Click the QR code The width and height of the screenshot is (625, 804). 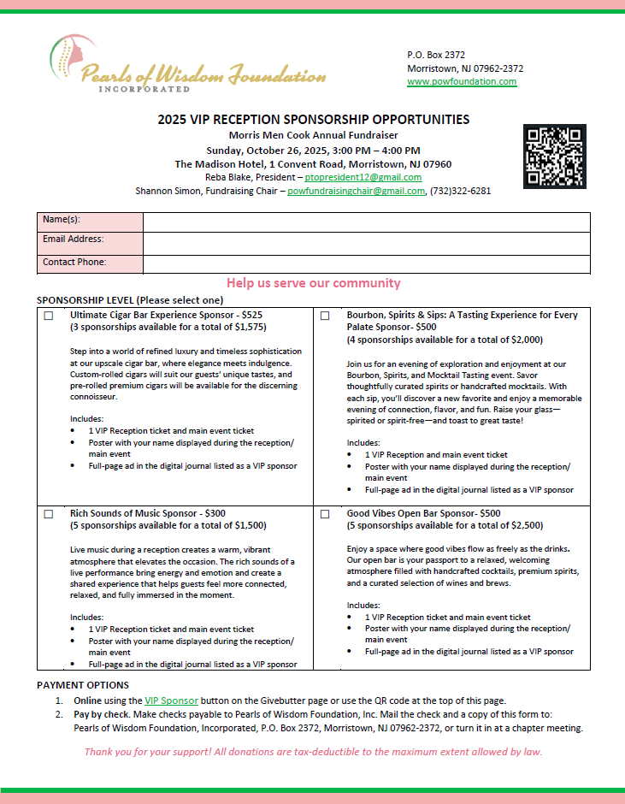pos(555,157)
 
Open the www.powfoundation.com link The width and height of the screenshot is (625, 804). pos(462,82)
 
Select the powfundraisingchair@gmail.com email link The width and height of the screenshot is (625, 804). pos(356,191)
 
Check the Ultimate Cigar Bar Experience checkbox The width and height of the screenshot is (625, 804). pos(48,316)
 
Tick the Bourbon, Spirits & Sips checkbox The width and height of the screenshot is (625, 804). pos(325,316)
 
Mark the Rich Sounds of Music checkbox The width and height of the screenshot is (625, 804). pos(48,514)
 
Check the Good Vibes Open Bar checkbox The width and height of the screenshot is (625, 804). pos(325,514)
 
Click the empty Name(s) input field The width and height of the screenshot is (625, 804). pos(366,222)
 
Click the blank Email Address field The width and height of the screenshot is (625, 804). pos(366,243)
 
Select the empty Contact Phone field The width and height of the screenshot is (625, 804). pos(366,264)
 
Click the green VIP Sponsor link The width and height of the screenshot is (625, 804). pos(171,700)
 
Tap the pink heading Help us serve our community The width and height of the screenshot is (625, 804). pos(313,283)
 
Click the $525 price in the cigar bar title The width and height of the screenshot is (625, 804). pos(251,315)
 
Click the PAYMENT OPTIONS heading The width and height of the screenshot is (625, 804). pos(83,685)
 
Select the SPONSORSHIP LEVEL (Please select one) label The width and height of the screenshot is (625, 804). pos(130,300)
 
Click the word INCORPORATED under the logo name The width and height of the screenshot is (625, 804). pos(144,89)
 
